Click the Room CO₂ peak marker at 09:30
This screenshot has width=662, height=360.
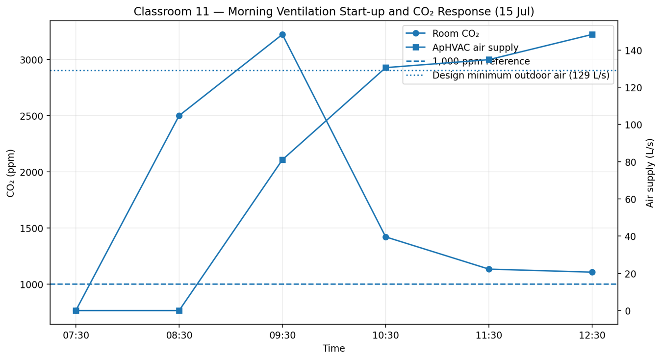pyautogui.click(x=282, y=35)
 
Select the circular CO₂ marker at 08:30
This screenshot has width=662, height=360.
pyautogui.click(x=179, y=116)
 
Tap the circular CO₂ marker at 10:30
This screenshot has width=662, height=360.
pyautogui.click(x=385, y=237)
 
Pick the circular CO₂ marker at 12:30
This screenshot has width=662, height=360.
pyautogui.click(x=592, y=272)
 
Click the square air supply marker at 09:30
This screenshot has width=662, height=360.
pyautogui.click(x=282, y=160)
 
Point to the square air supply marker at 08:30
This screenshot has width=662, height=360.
pyautogui.click(x=179, y=310)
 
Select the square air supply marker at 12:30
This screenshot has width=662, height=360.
pyautogui.click(x=592, y=35)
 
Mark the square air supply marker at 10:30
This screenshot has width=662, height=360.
pyautogui.click(x=385, y=68)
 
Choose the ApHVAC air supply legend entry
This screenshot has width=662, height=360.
pyautogui.click(x=462, y=48)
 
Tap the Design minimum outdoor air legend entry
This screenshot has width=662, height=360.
pyautogui.click(x=508, y=76)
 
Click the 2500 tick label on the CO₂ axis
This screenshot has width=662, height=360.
pyautogui.click(x=31, y=116)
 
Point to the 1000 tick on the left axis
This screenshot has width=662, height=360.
pyautogui.click(x=31, y=284)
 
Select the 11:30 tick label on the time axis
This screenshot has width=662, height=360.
pyautogui.click(x=489, y=336)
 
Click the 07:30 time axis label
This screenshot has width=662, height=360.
pyautogui.click(x=76, y=336)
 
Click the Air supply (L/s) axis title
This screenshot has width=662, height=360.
pyautogui.click(x=650, y=173)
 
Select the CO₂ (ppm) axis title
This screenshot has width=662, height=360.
pyautogui.click(x=11, y=173)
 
